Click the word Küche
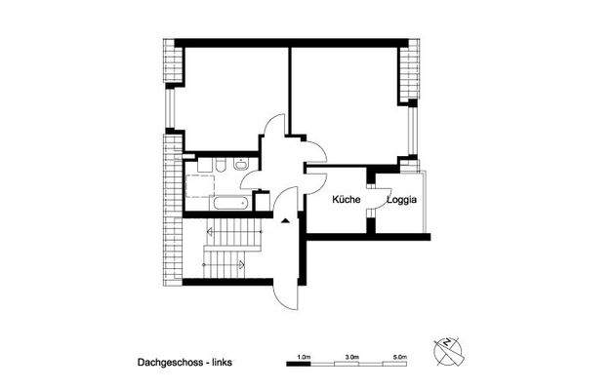(346, 200)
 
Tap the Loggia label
(404, 200)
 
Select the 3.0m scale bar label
(351, 357)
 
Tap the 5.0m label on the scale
(399, 357)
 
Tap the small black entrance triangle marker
(284, 222)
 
